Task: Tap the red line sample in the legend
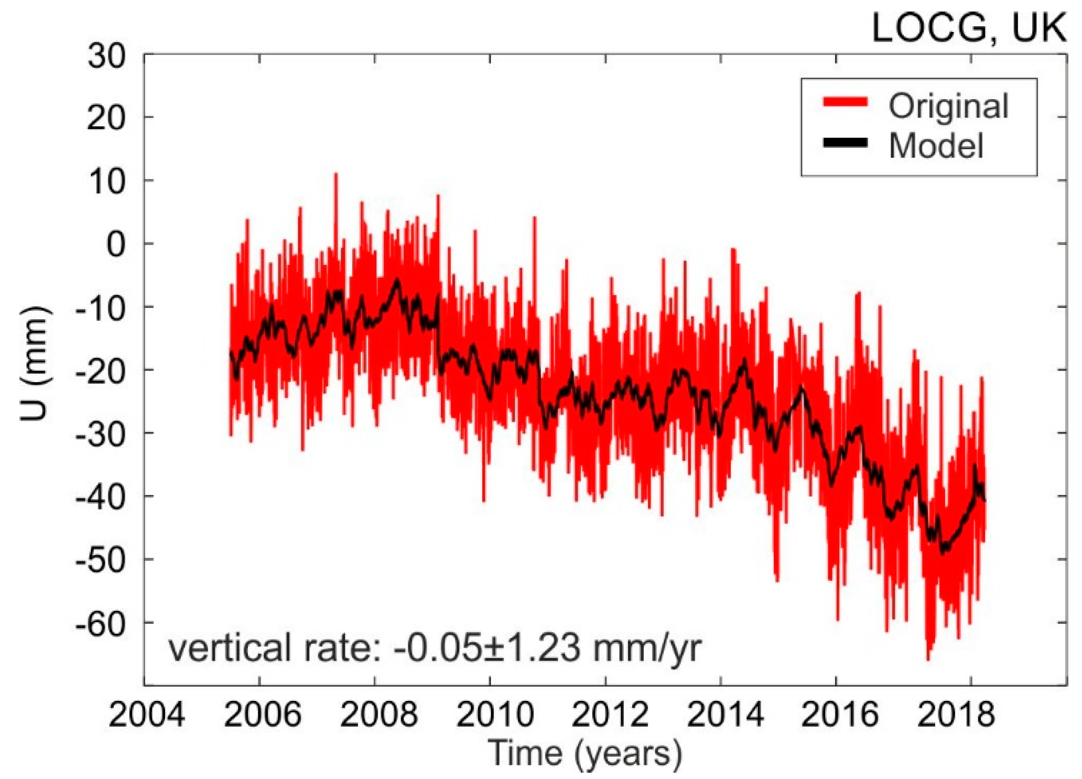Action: click(845, 102)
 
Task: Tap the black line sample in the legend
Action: click(845, 142)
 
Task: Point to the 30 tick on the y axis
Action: click(106, 56)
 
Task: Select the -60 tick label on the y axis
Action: click(101, 623)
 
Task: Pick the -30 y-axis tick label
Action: click(101, 434)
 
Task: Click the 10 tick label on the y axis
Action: click(106, 181)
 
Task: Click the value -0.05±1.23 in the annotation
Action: click(486, 648)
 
